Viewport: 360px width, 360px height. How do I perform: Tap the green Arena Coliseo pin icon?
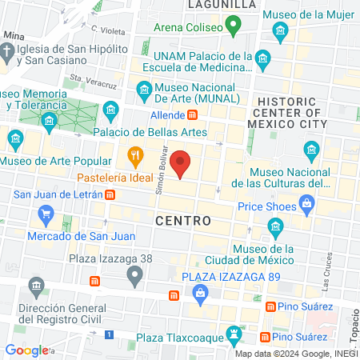(233, 29)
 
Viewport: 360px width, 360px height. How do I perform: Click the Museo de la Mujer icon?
(280, 33)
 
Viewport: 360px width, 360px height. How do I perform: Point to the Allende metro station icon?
(193, 115)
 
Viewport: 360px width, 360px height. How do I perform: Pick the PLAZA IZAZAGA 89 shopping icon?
(200, 297)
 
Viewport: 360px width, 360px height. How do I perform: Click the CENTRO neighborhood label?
(183, 220)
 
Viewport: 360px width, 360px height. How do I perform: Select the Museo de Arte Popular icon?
(15, 141)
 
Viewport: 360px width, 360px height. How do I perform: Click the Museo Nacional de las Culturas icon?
(311, 150)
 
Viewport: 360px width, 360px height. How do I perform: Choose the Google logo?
(27, 350)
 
